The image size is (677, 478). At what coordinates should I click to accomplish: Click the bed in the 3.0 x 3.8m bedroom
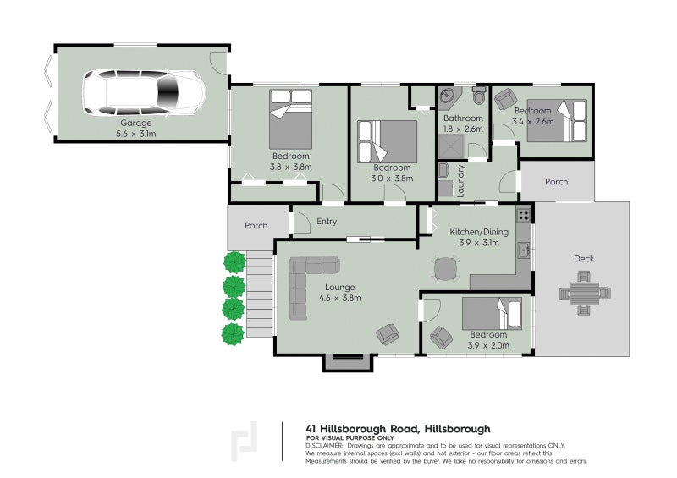pyautogui.click(x=388, y=140)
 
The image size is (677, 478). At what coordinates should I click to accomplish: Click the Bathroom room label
pyautogui.click(x=464, y=118)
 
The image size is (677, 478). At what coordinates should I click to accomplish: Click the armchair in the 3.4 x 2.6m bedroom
pyautogui.click(x=505, y=100)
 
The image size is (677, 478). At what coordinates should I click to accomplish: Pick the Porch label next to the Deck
pyautogui.click(x=556, y=182)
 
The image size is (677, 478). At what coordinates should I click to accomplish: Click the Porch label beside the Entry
pyautogui.click(x=256, y=226)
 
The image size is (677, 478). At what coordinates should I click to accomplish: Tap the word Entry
pyautogui.click(x=327, y=222)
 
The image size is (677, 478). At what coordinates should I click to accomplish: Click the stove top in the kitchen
pyautogui.click(x=525, y=215)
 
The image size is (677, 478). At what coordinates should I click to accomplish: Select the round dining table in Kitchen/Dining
pyautogui.click(x=445, y=269)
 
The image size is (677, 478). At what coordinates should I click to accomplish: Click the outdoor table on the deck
pyautogui.click(x=583, y=294)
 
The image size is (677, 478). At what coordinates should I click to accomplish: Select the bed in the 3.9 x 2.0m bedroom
pyautogui.click(x=495, y=315)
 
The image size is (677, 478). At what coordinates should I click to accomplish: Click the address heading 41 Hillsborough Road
pyautogui.click(x=398, y=428)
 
